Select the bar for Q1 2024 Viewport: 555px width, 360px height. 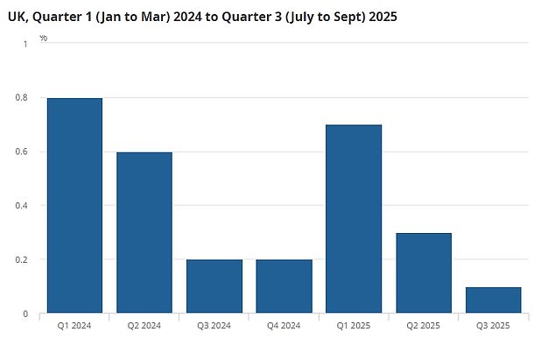tap(74, 205)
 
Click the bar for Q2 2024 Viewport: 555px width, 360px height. tap(144, 232)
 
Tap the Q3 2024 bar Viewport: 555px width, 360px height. tap(214, 286)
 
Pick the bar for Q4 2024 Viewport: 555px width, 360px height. tap(284, 286)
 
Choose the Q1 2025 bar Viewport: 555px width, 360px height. tap(354, 218)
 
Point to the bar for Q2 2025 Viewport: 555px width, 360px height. tap(424, 272)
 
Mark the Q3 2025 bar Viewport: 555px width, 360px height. tap(493, 300)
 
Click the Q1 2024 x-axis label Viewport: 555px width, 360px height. tap(74, 326)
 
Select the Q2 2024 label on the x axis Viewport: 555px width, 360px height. tap(144, 326)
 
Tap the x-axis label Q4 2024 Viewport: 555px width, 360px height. tap(284, 326)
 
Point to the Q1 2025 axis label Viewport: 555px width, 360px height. tap(354, 326)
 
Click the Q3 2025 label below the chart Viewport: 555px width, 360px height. tap(493, 326)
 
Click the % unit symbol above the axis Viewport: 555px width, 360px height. tap(44, 38)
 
